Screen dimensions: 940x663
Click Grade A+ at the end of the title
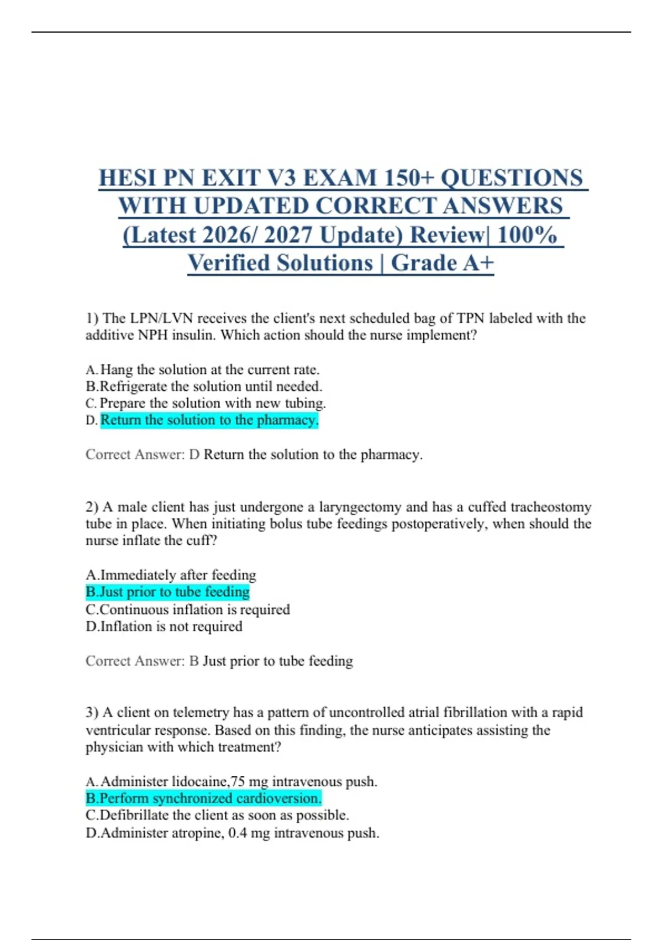(x=442, y=263)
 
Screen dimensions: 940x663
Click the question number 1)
(x=92, y=318)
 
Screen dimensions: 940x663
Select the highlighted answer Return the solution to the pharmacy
(x=209, y=420)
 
